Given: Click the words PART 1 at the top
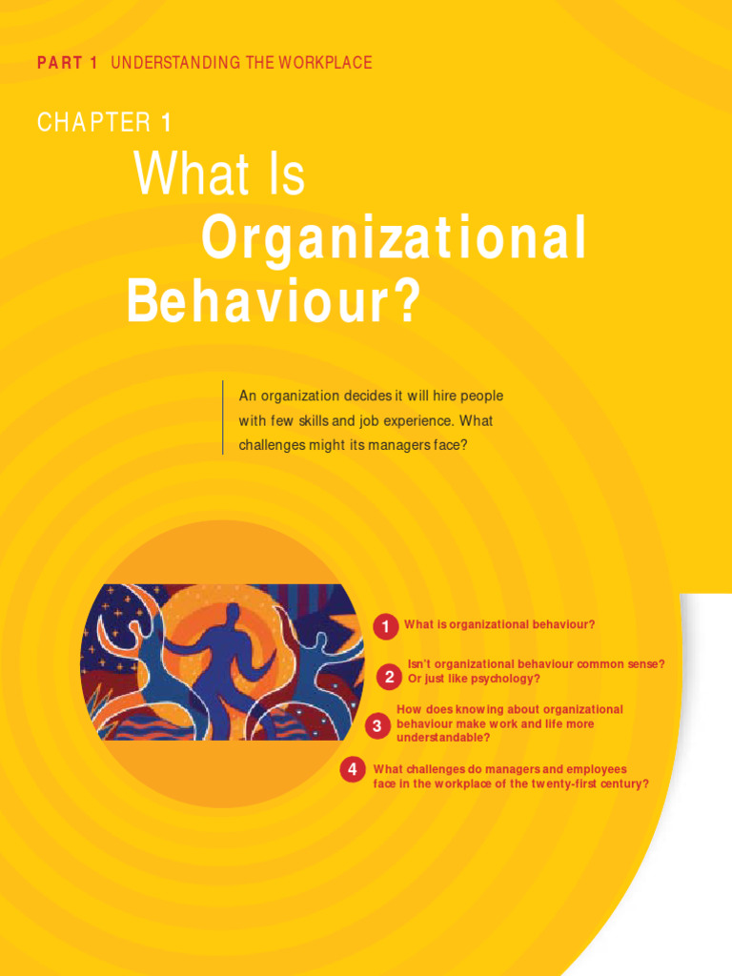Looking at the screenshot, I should (67, 63).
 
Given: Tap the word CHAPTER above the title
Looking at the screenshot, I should (93, 122).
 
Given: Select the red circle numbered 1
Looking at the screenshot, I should (385, 626).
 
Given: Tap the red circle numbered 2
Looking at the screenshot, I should (389, 677).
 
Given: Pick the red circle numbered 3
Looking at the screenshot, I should (376, 726).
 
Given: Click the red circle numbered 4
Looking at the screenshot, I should (353, 768).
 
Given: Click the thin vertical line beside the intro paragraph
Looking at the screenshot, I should (223, 417).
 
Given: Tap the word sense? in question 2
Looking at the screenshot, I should (644, 663).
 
